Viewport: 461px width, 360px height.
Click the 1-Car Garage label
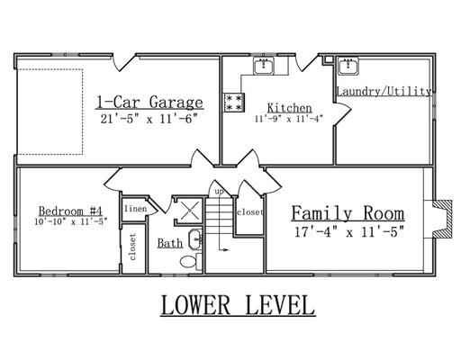[149, 103]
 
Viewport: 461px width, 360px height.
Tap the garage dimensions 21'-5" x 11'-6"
[149, 119]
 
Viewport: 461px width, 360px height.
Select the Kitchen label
[290, 108]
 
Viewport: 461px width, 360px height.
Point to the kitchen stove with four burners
[234, 103]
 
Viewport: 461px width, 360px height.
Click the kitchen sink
[264, 66]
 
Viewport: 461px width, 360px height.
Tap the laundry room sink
[348, 66]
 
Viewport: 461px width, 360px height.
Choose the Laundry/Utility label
[384, 91]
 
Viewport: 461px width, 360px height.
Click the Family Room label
[348, 213]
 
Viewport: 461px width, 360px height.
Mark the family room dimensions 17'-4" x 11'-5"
[349, 232]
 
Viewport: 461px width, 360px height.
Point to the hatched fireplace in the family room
[443, 220]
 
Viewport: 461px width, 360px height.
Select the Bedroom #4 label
[70, 211]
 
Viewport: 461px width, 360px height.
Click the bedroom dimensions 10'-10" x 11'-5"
[71, 221]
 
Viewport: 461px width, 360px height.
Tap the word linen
[136, 209]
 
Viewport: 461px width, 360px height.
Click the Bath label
[170, 243]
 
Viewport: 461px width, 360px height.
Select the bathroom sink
[195, 239]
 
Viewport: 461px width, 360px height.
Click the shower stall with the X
[190, 211]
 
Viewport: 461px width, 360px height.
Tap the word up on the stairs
[220, 191]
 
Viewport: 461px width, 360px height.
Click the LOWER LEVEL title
[238, 305]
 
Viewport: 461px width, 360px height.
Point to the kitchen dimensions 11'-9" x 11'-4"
[289, 119]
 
